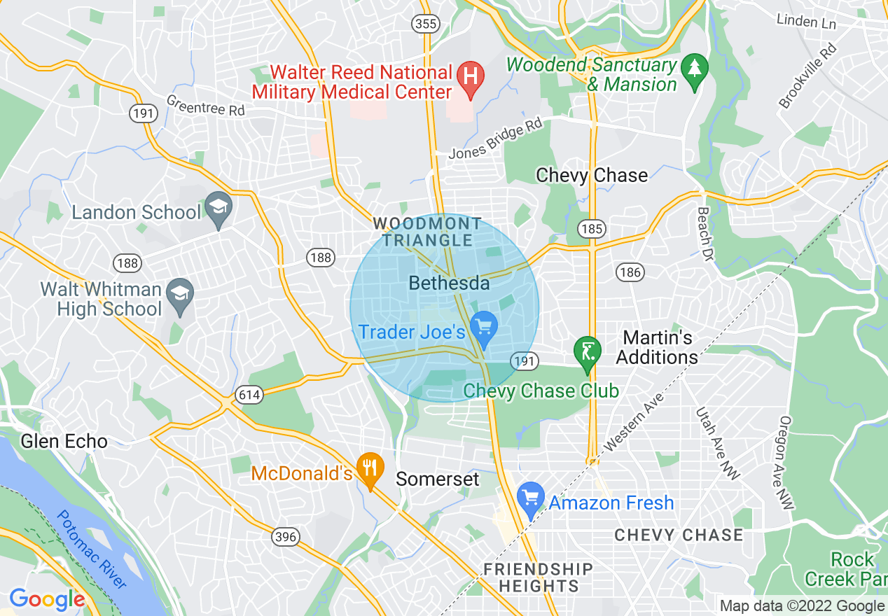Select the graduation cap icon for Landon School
219,208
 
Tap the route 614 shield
249,395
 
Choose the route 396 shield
286,537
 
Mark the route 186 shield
630,272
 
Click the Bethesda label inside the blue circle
449,283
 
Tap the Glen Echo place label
64,442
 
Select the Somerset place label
438,479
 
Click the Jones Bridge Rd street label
496,142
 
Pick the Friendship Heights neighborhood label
538,577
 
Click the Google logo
47,600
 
